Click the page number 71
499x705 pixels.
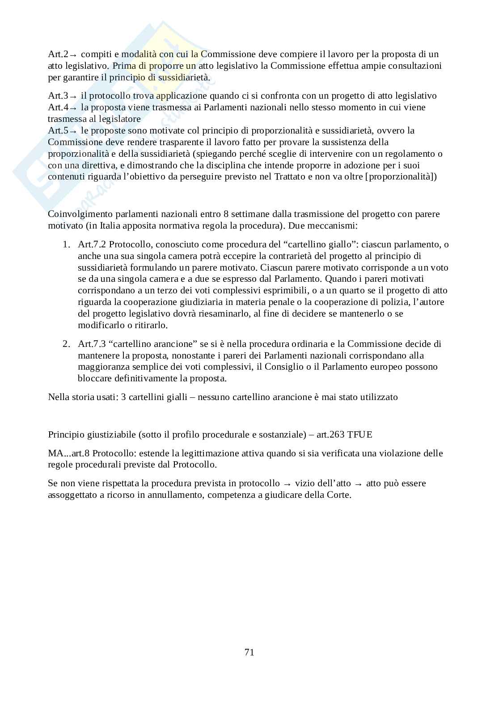[x=249, y=652]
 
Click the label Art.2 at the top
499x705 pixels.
[x=58, y=54]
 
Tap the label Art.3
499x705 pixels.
[x=58, y=96]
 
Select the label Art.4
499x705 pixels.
[x=58, y=108]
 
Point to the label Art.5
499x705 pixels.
[x=58, y=131]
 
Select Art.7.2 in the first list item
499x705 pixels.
[x=92, y=245]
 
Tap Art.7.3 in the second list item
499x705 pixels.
[x=92, y=344]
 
